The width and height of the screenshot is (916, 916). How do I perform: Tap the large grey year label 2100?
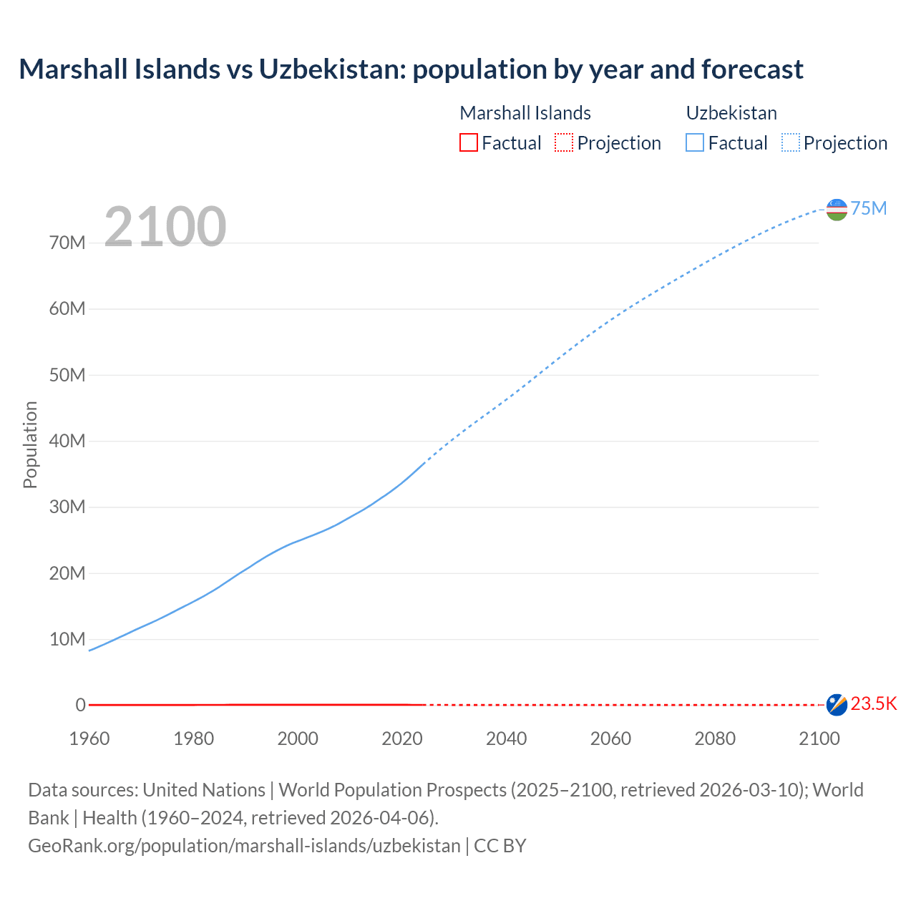pos(165,227)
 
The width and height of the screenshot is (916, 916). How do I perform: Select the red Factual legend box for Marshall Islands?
pos(468,142)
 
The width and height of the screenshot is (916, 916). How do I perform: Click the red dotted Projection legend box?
pos(564,142)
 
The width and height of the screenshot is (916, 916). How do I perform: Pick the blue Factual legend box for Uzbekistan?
pos(694,142)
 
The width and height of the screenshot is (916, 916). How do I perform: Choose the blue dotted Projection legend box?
pos(790,142)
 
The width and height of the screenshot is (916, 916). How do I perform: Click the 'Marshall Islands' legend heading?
pos(525,113)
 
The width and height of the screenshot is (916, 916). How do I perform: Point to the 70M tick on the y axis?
pos(67,243)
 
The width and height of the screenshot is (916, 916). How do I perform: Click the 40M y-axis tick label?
pos(67,441)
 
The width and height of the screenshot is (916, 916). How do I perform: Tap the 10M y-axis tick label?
pos(67,639)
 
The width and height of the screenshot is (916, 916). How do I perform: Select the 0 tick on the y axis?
pos(80,705)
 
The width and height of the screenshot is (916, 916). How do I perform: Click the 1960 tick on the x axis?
pos(89,739)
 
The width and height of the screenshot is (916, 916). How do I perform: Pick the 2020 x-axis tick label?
pos(402,739)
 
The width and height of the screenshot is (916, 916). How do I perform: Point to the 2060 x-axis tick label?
pos(610,739)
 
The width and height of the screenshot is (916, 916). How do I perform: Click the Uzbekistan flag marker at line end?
pos(837,209)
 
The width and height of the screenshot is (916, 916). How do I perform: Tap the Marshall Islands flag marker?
pos(837,705)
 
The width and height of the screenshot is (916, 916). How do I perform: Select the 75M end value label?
pos(868,208)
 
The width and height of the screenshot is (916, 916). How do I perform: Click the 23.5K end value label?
pos(873,704)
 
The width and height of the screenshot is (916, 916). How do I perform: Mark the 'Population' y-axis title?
pos(30,444)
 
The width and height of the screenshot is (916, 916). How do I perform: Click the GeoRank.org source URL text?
pos(244,846)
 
